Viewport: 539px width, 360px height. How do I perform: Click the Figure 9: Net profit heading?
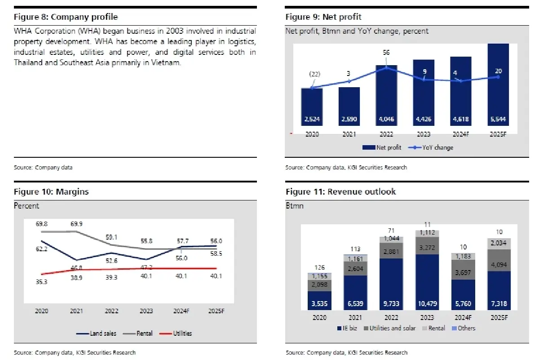tap(323, 17)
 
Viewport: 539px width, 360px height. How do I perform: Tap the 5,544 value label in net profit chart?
tap(497, 120)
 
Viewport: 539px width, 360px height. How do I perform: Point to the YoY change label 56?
tap(386, 53)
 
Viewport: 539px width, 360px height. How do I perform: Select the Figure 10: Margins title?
tap(51, 191)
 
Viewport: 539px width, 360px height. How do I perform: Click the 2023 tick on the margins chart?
tap(146, 311)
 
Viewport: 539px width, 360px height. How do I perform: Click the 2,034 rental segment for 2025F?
tap(498, 243)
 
